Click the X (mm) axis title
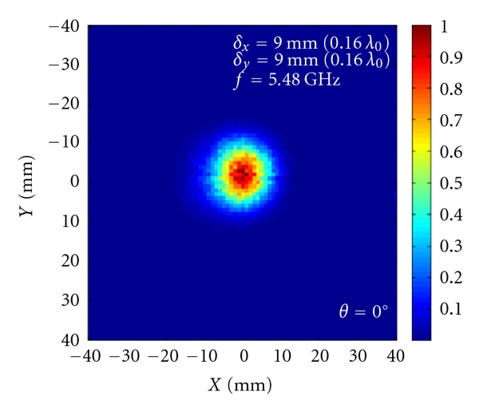(239, 386)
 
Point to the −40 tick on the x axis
(86, 355)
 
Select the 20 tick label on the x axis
(319, 355)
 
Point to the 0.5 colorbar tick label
(449, 183)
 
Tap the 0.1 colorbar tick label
(449, 308)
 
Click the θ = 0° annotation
(363, 311)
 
